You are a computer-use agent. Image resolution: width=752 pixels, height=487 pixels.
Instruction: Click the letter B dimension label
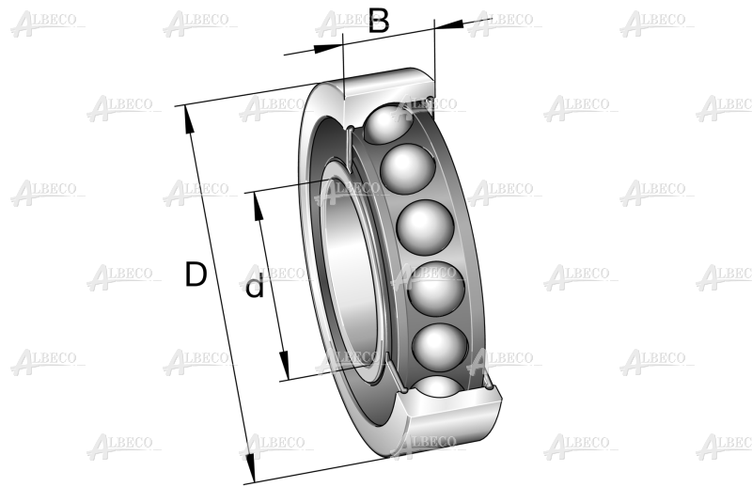(379, 22)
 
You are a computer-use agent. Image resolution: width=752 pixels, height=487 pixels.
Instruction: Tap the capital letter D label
(196, 275)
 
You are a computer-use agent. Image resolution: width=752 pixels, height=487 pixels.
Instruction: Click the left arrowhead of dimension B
(329, 47)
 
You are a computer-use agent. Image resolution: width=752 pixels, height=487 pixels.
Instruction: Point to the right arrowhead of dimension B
(449, 24)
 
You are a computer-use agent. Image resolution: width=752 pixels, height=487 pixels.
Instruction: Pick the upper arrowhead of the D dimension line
(189, 119)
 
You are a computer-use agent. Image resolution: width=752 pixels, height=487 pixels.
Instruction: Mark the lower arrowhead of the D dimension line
(249, 468)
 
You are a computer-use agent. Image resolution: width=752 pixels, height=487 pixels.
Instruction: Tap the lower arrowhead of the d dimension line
(285, 365)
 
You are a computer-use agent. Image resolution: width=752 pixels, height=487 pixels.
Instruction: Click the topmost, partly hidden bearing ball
(387, 124)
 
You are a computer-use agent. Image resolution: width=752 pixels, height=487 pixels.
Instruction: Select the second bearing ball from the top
(408, 168)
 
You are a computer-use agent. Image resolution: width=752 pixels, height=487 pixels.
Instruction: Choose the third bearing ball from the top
(425, 227)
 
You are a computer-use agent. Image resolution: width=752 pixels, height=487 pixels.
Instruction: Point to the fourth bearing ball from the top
(436, 289)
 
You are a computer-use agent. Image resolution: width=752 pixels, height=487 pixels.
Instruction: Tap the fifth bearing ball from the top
(440, 345)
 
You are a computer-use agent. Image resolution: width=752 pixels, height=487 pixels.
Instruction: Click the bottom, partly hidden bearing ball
(439, 385)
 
